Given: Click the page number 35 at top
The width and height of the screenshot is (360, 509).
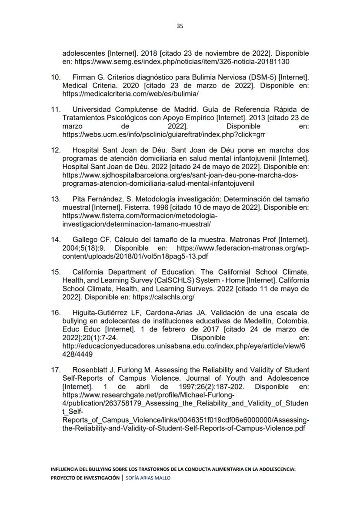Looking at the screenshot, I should [x=180, y=26].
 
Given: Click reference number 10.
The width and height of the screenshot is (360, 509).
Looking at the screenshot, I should [x=56, y=77].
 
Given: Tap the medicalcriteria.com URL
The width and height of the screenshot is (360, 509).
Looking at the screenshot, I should [x=130, y=94].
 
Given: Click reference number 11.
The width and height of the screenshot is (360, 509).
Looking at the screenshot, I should [x=56, y=109].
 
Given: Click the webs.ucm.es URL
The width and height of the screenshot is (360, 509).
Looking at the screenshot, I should [x=163, y=135].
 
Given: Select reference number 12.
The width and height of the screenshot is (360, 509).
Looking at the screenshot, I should [x=56, y=150].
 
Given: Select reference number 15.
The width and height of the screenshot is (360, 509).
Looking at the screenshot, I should [x=56, y=272].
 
